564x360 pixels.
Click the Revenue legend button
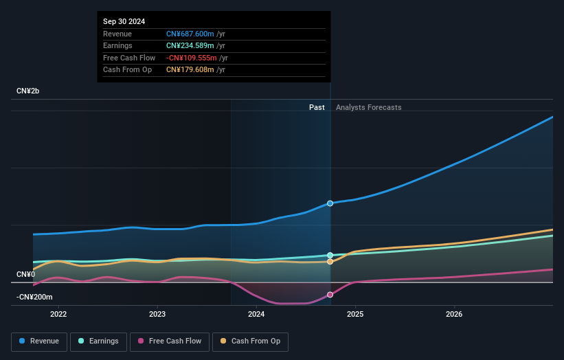[x=39, y=341]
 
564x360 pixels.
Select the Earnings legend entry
[x=98, y=341]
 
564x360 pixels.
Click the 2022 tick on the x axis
[x=58, y=315]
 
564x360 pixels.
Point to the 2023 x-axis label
[x=157, y=315]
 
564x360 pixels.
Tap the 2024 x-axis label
[x=256, y=315]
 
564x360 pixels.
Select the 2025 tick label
[x=355, y=315]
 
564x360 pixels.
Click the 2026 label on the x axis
[x=454, y=315]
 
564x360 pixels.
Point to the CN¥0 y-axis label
[x=25, y=275]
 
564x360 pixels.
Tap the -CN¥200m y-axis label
[x=34, y=297]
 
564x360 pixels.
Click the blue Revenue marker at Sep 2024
[x=330, y=203]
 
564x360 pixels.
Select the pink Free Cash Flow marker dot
[x=330, y=295]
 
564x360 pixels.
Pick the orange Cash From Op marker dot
[x=330, y=262]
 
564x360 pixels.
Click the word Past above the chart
[x=317, y=107]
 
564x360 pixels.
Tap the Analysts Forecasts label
[x=368, y=107]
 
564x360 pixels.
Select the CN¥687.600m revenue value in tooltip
[x=190, y=34]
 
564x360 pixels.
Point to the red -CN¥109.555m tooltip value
[x=192, y=58]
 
